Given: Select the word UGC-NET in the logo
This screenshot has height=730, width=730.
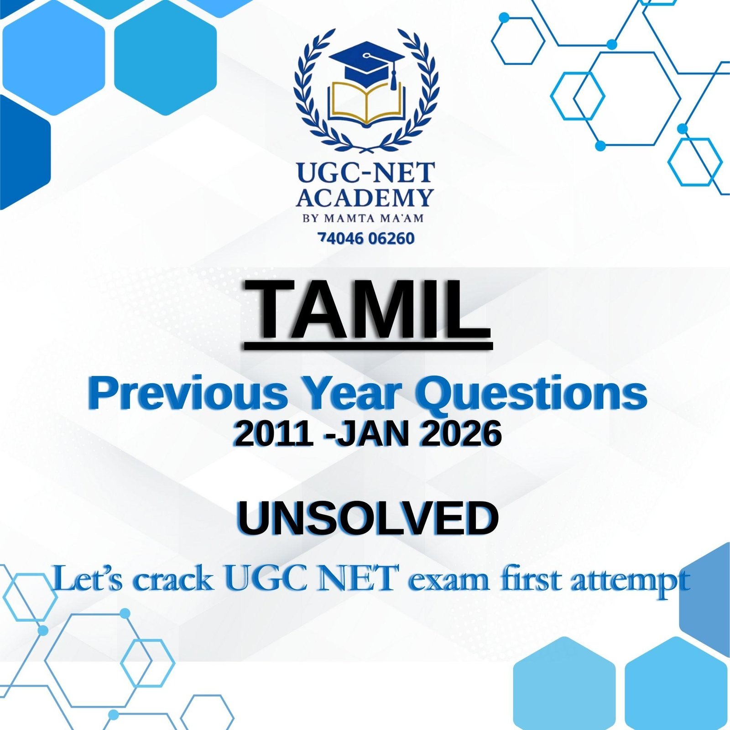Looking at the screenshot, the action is (x=365, y=173).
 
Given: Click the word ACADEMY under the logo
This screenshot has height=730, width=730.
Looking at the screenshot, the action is (x=365, y=198).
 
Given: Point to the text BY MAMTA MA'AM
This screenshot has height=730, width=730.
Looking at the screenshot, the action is (x=363, y=218).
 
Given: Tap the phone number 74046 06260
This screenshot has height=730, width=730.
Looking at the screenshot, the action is (x=366, y=238).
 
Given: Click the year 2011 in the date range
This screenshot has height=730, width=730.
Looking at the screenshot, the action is (x=273, y=434).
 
